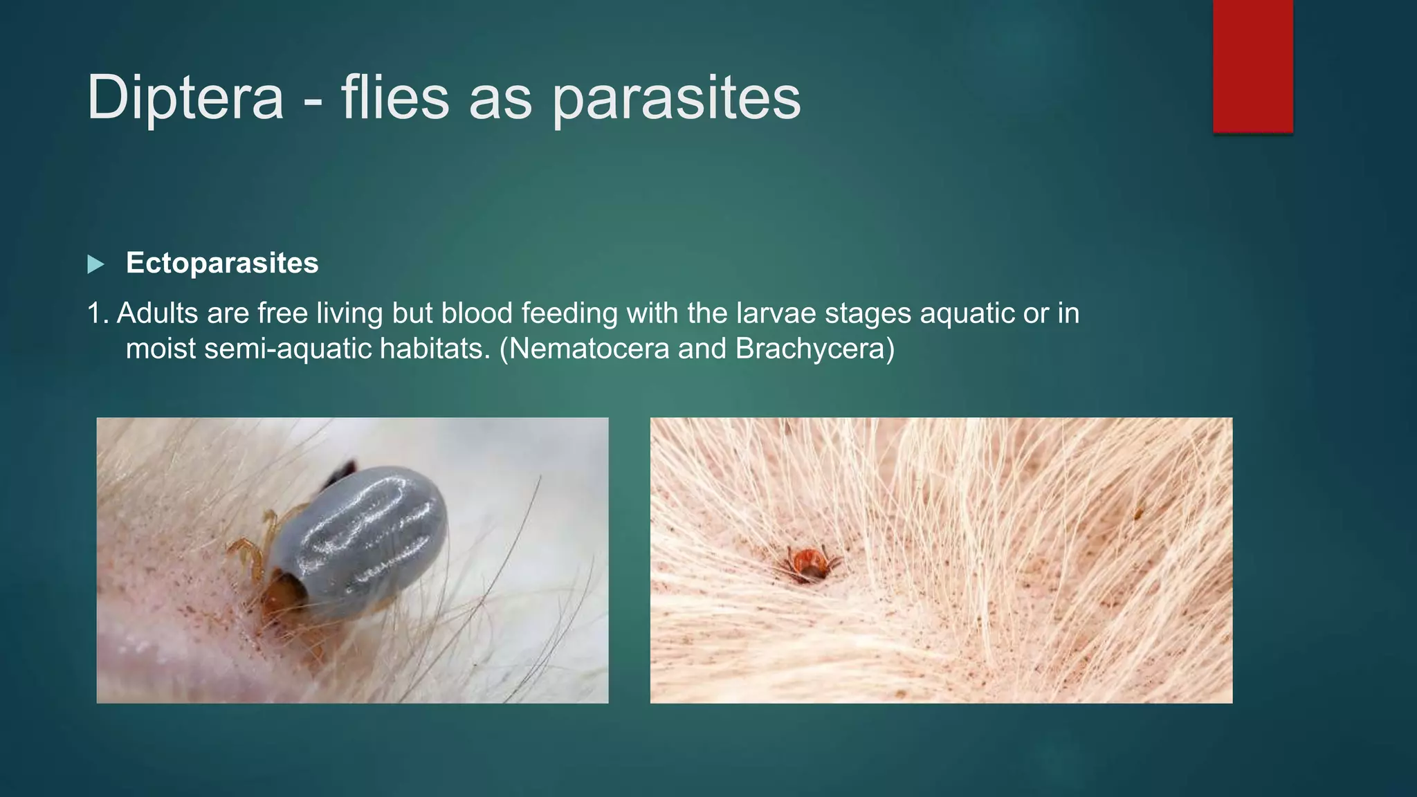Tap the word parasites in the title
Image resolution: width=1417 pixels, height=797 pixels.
[676, 98]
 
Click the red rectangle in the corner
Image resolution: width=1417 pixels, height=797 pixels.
[1252, 66]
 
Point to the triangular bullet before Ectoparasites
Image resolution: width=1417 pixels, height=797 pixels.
[95, 264]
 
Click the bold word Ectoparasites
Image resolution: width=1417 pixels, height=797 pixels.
[222, 263]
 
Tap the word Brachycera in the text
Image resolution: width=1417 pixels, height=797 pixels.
[810, 348]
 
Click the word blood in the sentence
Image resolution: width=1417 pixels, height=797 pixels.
[477, 313]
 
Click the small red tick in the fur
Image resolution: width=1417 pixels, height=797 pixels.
[809, 562]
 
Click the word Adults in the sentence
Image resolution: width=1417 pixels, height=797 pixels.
[157, 313]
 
